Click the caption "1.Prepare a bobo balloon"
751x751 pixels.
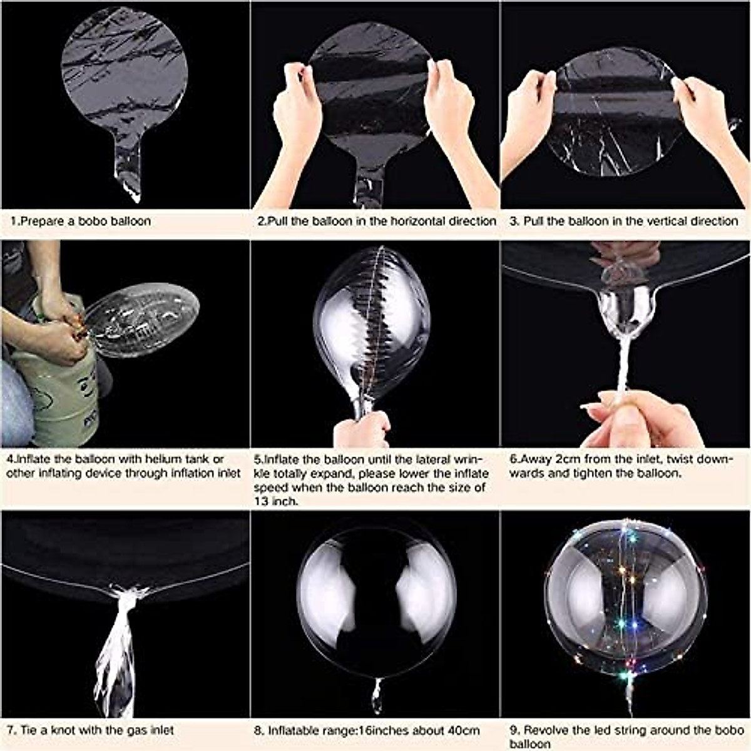[80, 221]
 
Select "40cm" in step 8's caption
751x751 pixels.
[464, 730]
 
